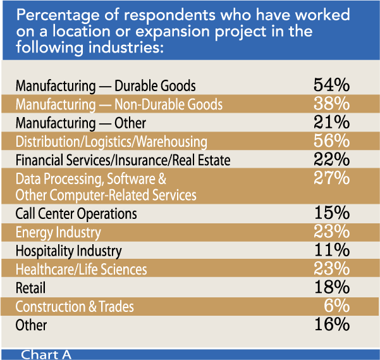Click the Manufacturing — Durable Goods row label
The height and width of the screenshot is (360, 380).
pyautogui.click(x=106, y=85)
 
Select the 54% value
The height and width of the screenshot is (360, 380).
pyautogui.click(x=331, y=85)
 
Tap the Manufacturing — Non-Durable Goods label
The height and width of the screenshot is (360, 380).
pyautogui.click(x=119, y=104)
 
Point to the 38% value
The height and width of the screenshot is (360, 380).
pyautogui.click(x=331, y=103)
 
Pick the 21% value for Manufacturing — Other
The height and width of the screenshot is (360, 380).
pyautogui.click(x=331, y=121)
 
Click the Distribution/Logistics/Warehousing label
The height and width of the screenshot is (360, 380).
pyautogui.click(x=111, y=142)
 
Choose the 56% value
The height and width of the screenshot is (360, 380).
pyautogui.click(x=331, y=140)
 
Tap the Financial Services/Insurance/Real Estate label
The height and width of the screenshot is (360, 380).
pyautogui.click(x=123, y=161)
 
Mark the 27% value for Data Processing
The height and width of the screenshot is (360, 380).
pyautogui.click(x=331, y=178)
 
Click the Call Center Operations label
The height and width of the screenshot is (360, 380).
pyautogui.click(x=76, y=214)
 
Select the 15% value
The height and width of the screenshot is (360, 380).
pyautogui.click(x=331, y=213)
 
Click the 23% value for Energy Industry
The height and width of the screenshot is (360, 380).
pyautogui.click(x=331, y=232)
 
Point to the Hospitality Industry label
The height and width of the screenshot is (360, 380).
pyautogui.click(x=68, y=251)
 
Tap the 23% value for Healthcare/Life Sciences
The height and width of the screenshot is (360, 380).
pyautogui.click(x=331, y=269)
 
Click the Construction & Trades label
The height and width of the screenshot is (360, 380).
pyautogui.click(x=75, y=307)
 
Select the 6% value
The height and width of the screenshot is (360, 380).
pyautogui.click(x=337, y=306)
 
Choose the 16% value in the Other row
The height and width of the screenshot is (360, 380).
pyautogui.click(x=331, y=325)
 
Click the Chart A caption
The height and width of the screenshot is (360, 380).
pyautogui.click(x=46, y=354)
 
